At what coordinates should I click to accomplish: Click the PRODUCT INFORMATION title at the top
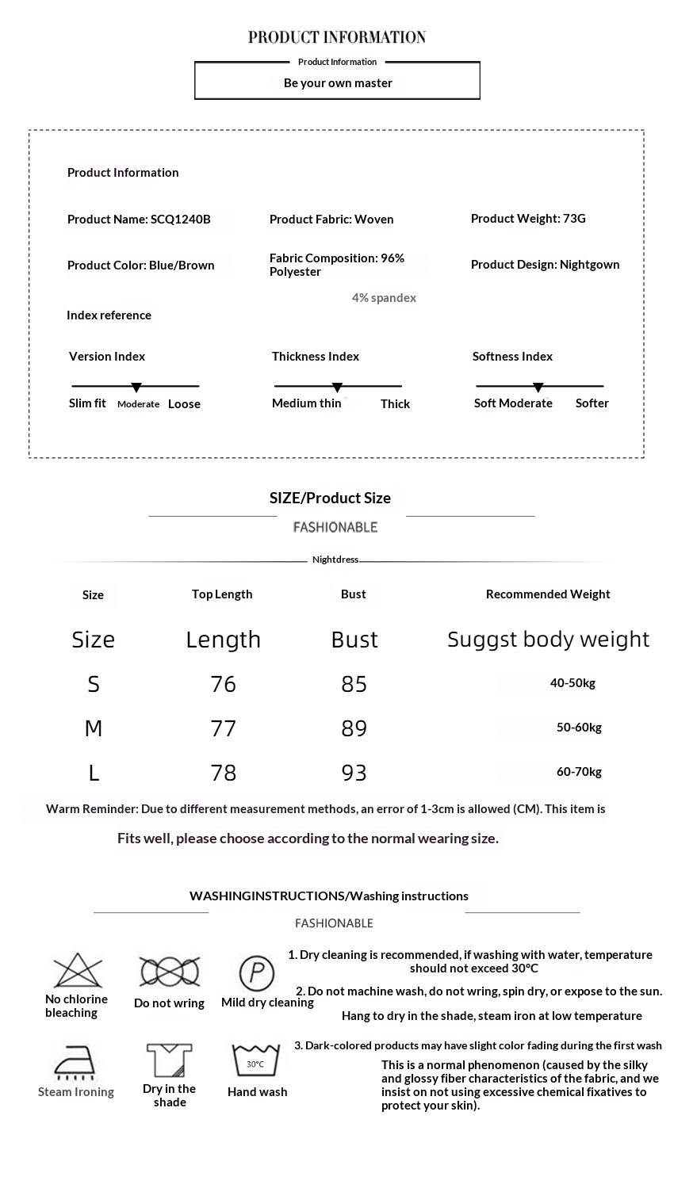337,37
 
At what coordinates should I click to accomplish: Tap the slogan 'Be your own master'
338,82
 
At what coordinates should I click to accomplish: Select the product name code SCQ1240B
180,220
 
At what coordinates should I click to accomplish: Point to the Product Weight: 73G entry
528,218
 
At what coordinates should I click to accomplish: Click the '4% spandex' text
384,298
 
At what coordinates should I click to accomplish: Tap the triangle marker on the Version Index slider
136,388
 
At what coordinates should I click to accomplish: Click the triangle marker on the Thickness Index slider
337,388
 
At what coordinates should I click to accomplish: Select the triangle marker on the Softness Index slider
538,388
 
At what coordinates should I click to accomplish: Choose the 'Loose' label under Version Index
184,404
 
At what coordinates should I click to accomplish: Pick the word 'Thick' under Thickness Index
395,404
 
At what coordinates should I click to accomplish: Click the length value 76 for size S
224,684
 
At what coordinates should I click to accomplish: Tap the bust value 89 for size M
354,728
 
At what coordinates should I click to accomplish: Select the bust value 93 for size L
354,773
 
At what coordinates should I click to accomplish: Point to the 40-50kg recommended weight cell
573,683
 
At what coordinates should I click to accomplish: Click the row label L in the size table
94,773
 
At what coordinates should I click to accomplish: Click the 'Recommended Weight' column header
548,594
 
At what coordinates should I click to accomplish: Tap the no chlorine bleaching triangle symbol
78,970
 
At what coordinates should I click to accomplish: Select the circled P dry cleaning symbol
256,972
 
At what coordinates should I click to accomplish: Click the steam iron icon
75,1062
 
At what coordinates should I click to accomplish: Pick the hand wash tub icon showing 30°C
255,1060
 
